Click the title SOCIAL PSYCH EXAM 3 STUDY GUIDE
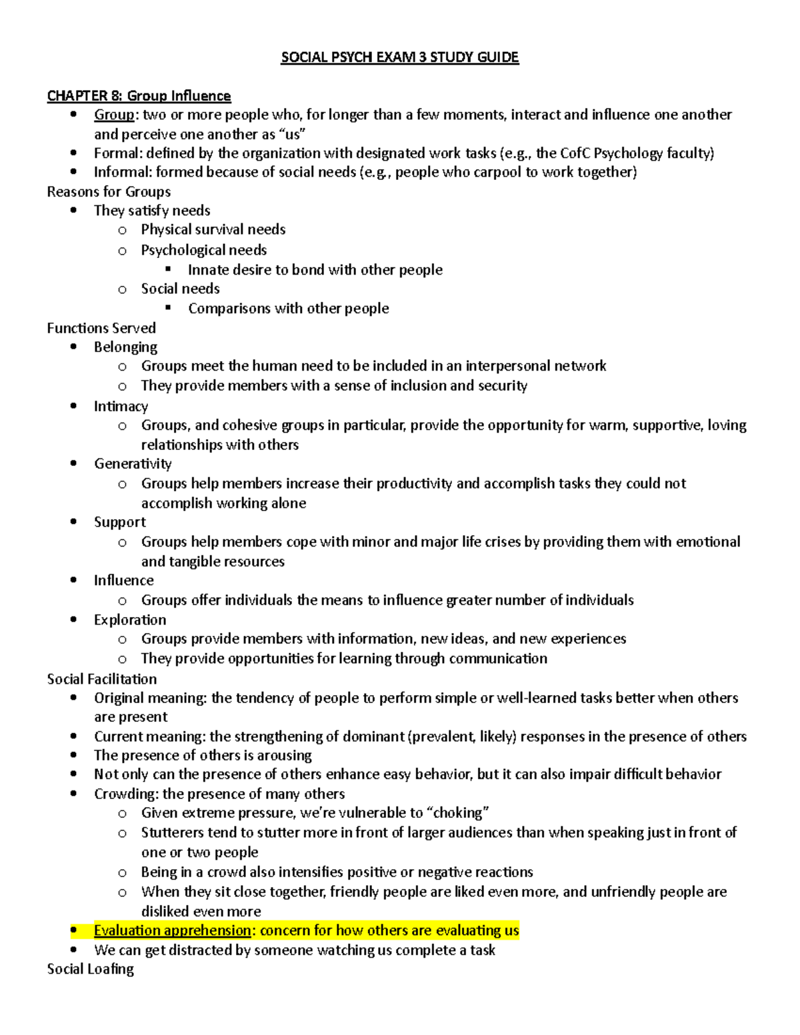[399, 57]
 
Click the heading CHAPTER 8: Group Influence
[139, 96]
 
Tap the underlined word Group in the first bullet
[114, 115]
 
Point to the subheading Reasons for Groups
[109, 192]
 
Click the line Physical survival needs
[213, 230]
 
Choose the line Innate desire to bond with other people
[315, 270]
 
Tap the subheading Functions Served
[101, 328]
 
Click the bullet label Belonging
[125, 347]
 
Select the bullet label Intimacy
[121, 407]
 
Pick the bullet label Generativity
[133, 464]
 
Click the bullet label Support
[119, 522]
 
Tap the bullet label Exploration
[130, 620]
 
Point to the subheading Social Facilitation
[102, 679]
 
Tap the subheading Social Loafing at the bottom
[90, 969]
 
